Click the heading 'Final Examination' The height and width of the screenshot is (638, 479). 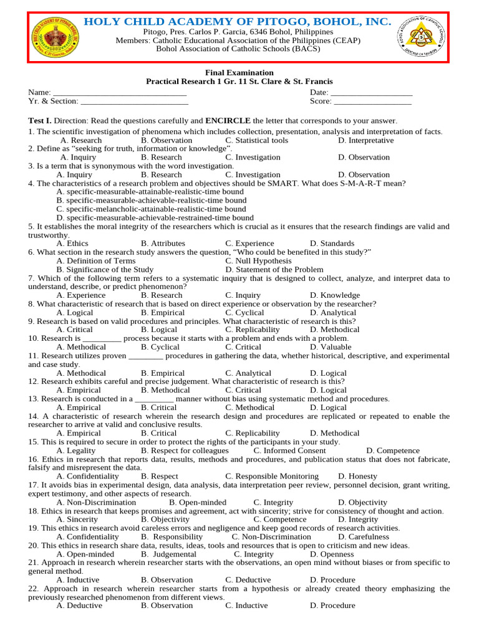pyautogui.click(x=239, y=72)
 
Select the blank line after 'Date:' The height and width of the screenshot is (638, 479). pyautogui.click(x=372, y=93)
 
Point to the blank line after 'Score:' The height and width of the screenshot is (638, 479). pyautogui.click(x=373, y=102)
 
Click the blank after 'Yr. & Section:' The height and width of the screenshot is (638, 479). pyautogui.click(x=134, y=102)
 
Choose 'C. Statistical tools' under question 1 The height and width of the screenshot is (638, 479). pyautogui.click(x=257, y=140)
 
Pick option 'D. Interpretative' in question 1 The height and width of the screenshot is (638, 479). pyautogui.click(x=366, y=140)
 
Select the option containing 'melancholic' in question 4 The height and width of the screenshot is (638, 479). pyautogui.click(x=151, y=209)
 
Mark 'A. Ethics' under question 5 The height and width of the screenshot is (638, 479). pyautogui.click(x=72, y=244)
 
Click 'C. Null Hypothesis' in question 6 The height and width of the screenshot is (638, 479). pyautogui.click(x=258, y=261)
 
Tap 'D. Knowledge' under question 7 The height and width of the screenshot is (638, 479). pyautogui.click(x=335, y=295)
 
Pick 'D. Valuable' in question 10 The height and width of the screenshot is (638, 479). pyautogui.click(x=331, y=347)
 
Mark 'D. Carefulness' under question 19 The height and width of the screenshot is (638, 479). pyautogui.click(x=364, y=536)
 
